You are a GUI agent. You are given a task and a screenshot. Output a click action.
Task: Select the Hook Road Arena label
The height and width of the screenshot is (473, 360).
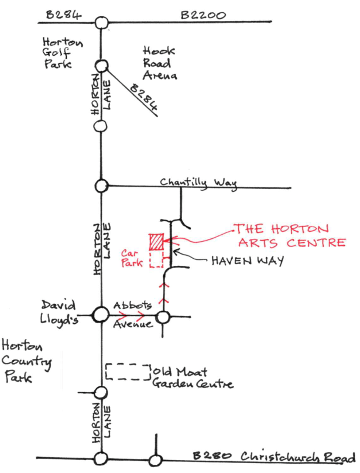(x=159, y=63)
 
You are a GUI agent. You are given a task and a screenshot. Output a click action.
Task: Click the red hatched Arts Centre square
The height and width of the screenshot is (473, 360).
(x=156, y=242)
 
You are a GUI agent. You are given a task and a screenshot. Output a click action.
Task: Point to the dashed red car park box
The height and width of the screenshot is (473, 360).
(x=156, y=259)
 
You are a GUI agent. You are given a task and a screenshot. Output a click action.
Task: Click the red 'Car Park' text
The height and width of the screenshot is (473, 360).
(x=132, y=258)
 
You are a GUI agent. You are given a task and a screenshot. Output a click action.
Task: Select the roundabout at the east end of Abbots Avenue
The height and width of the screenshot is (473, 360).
(x=163, y=317)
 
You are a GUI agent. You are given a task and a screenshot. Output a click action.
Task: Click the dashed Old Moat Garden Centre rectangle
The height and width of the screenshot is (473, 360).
(x=128, y=372)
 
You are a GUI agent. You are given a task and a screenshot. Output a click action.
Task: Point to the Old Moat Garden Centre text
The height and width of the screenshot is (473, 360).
(x=192, y=378)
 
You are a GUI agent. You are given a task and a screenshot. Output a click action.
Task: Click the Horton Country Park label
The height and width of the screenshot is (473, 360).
(x=26, y=361)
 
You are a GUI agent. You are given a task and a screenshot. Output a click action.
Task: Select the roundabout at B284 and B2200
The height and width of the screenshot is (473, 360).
(x=102, y=23)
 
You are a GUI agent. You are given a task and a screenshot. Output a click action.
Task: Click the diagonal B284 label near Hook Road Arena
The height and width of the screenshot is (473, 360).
(x=143, y=98)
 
